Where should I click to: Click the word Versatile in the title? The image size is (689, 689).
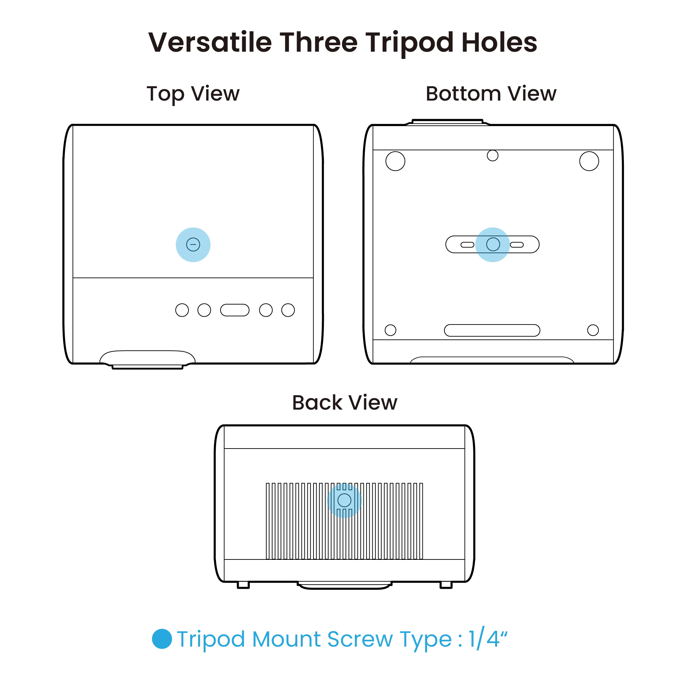[x=210, y=42]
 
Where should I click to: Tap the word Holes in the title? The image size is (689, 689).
[x=499, y=42]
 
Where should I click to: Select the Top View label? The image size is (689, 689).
[x=193, y=94]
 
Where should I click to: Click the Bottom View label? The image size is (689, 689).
[x=491, y=93]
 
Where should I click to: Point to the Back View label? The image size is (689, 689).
[x=344, y=403]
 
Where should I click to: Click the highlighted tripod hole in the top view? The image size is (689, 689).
[x=193, y=245]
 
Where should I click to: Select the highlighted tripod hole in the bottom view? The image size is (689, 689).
[x=493, y=245]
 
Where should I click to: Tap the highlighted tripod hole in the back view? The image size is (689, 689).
[x=344, y=500]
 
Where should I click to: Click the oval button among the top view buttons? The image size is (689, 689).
[x=235, y=310]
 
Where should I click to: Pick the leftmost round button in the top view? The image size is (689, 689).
[x=182, y=310]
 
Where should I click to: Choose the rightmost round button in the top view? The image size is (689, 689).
[x=288, y=310]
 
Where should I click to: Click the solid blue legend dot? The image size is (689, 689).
[x=162, y=638]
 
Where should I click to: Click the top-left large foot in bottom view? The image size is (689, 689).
[x=395, y=161]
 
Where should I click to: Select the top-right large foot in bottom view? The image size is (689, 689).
[x=589, y=161]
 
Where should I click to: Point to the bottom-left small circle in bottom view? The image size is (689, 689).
[x=391, y=330]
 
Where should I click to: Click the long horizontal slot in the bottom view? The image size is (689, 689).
[x=492, y=330]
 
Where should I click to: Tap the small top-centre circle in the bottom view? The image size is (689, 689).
[x=493, y=155]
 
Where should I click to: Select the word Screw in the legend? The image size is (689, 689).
[x=360, y=639]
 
